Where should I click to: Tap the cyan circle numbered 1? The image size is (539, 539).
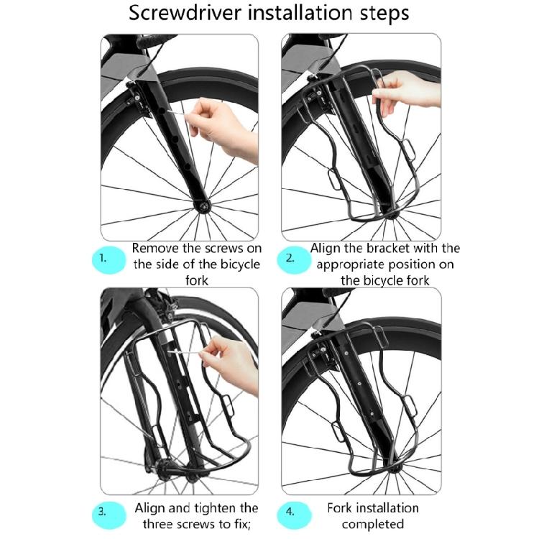pyautogui.click(x=105, y=259)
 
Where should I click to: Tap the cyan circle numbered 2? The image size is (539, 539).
pyautogui.click(x=290, y=259)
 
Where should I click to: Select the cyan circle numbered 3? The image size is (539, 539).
pyautogui.click(x=105, y=512)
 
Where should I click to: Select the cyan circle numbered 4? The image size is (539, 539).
pyautogui.click(x=290, y=512)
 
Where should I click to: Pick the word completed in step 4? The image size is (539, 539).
pyautogui.click(x=372, y=524)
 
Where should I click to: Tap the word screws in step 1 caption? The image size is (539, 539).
pyautogui.click(x=213, y=248)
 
